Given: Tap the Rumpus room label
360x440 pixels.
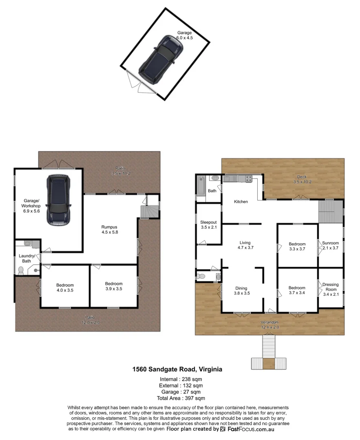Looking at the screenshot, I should coord(110,229).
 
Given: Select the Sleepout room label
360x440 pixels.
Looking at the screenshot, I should coord(208,224).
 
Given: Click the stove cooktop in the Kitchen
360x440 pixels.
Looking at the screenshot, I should coord(248,178).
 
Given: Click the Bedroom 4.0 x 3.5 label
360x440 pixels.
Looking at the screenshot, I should coord(65,286).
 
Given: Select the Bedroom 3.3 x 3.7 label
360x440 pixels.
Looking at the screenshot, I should coord(297,246).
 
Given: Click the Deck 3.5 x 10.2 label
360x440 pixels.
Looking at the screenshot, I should coord(301,179).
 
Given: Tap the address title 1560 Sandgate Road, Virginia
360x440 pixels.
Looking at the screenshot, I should coord(177,370).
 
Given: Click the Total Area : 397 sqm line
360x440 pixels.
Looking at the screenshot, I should coord(181,398).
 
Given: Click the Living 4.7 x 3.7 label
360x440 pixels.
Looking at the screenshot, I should coord(245,245).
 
